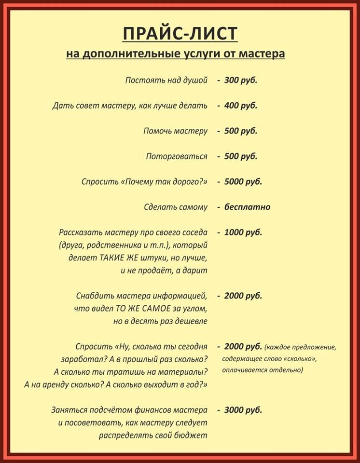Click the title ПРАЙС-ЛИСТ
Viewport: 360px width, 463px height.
click(180, 34)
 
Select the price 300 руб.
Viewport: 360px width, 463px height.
click(240, 80)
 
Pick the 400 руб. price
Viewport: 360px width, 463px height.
click(240, 105)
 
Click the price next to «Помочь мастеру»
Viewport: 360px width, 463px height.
click(240, 131)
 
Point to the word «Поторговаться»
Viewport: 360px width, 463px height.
click(177, 156)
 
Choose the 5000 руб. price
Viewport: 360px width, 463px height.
click(243, 182)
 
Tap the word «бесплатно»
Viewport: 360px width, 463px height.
click(247, 207)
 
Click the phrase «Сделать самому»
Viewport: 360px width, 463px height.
click(176, 207)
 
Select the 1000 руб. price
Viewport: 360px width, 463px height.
click(243, 232)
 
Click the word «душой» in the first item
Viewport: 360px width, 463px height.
click(196, 80)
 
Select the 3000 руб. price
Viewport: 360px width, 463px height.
click(243, 410)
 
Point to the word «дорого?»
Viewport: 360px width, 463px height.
click(193, 182)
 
